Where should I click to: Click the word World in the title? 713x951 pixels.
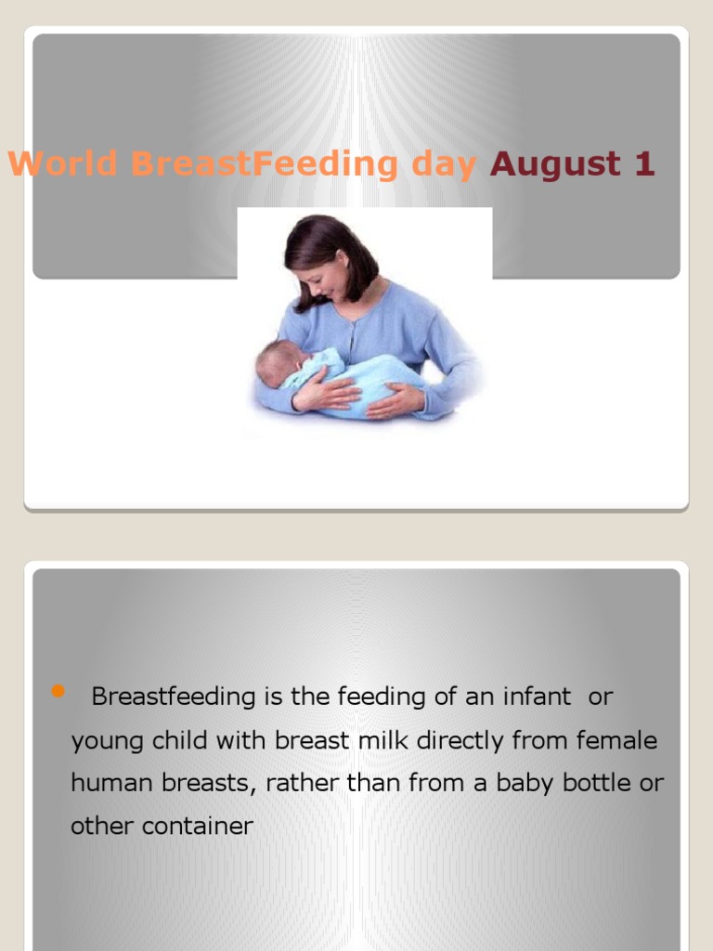[x=62, y=164]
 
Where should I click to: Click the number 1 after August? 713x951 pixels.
[x=644, y=164]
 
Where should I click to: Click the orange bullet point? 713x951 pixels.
[x=58, y=691]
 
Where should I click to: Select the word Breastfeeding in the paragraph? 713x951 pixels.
[x=175, y=697]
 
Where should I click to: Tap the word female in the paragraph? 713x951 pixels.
[x=616, y=740]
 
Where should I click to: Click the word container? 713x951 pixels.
[x=193, y=826]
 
